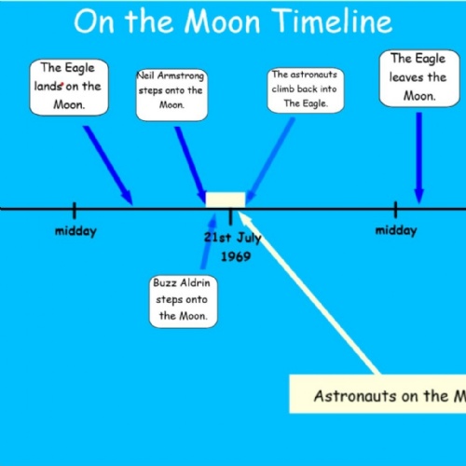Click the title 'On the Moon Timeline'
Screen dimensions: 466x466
233,21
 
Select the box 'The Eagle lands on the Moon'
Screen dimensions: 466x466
69,88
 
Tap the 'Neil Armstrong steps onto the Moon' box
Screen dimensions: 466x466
171,94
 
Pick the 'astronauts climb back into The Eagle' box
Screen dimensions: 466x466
306,90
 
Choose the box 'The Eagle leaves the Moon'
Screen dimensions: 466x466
419,78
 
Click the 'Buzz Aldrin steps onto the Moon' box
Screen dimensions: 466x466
183,301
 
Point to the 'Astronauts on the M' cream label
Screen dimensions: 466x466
377,394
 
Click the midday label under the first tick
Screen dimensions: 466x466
75,231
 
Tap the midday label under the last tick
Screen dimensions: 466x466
396,231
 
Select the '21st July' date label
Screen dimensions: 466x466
232,238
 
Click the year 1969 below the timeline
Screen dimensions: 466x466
236,256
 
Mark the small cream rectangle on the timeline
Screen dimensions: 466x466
226,199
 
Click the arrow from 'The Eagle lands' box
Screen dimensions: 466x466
108,165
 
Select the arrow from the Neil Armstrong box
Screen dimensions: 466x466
191,165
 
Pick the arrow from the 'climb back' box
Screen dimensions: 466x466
270,160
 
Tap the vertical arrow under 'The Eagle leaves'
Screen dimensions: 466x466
419,158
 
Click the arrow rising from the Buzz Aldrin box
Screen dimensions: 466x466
208,241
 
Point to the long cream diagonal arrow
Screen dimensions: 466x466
308,292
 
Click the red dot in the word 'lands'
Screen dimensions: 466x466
62,84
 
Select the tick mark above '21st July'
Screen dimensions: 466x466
230,216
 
